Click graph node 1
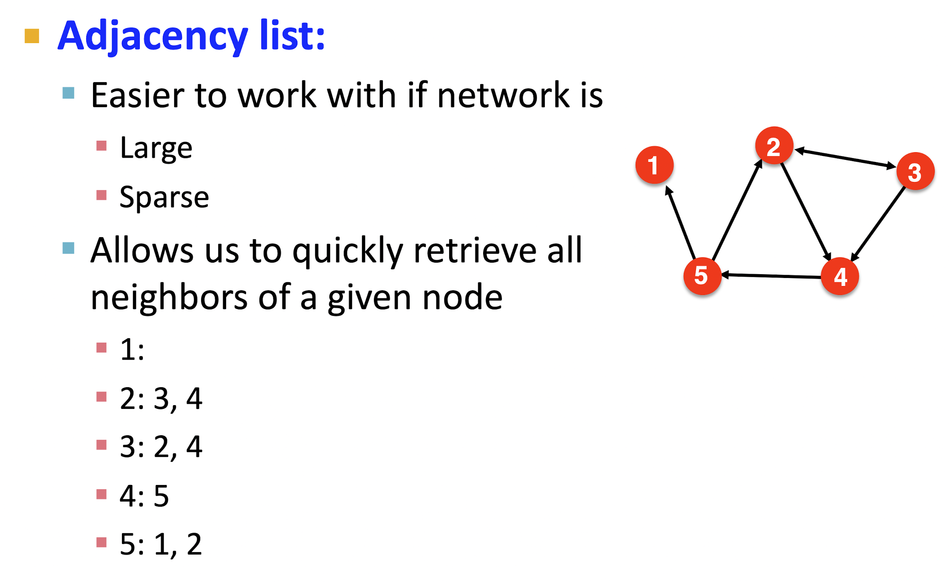[654, 165]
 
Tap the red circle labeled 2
[774, 146]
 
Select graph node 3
[915, 171]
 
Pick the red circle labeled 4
[840, 277]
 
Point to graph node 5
[702, 276]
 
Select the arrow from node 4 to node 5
[771, 276]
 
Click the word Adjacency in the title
[152, 36]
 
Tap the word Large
[156, 148]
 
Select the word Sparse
[164, 198]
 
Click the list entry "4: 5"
[144, 496]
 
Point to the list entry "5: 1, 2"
[161, 544]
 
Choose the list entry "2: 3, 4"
[161, 399]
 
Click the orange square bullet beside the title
[32, 36]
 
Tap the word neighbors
[169, 298]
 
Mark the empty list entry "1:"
[132, 350]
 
